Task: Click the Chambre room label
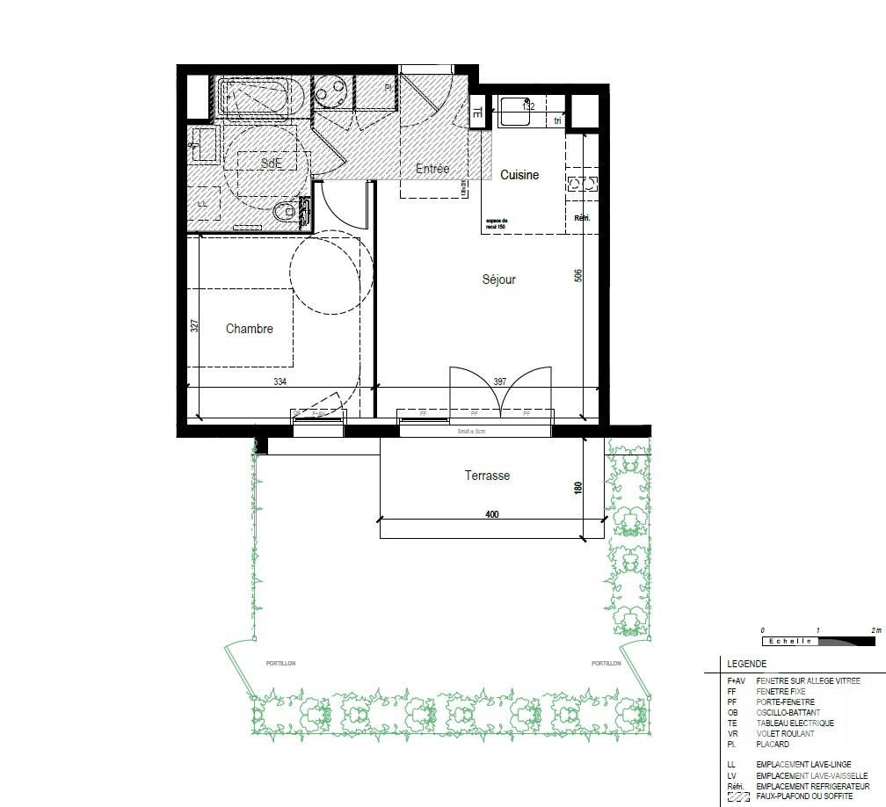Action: point(249,329)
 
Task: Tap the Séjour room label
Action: point(498,280)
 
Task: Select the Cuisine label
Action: point(519,175)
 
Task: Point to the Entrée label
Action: point(432,169)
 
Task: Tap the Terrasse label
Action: point(487,476)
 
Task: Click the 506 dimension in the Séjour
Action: point(578,275)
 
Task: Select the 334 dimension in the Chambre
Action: point(280,382)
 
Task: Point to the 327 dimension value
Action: point(195,325)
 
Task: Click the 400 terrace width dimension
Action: point(491,514)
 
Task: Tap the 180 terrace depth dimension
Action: point(578,488)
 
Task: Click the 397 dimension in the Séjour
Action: point(499,382)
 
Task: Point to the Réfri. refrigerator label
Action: point(581,218)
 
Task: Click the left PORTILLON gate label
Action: point(280,664)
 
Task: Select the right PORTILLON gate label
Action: point(606,664)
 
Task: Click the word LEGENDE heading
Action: point(746,664)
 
